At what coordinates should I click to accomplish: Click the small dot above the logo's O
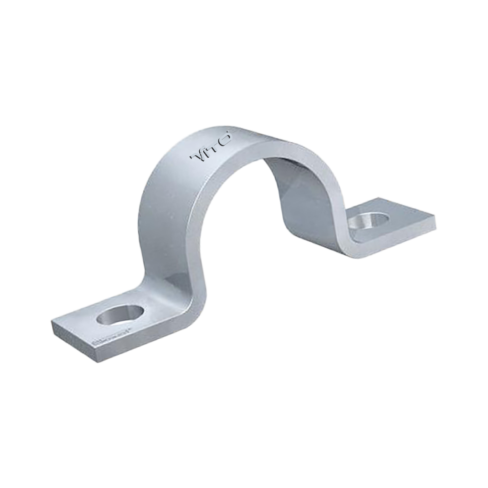(231, 133)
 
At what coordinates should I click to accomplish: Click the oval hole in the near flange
(120, 315)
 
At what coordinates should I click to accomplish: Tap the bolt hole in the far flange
(370, 221)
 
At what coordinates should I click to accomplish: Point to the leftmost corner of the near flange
(51, 322)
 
